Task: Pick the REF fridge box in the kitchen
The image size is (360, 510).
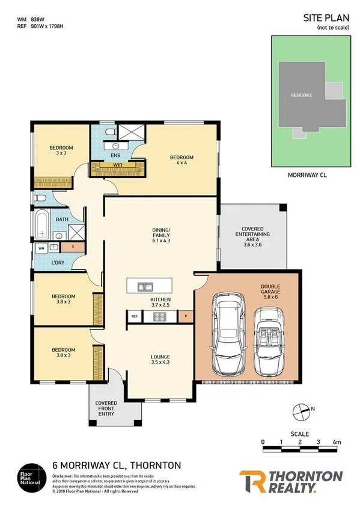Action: (134, 315)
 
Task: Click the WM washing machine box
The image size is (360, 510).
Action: (41, 247)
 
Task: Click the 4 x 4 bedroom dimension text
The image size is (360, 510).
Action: (182, 163)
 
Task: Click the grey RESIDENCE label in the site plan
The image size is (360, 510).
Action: (302, 95)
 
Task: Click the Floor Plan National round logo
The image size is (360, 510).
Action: (32, 474)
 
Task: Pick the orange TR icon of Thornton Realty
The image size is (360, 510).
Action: (252, 482)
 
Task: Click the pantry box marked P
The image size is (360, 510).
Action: (186, 315)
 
